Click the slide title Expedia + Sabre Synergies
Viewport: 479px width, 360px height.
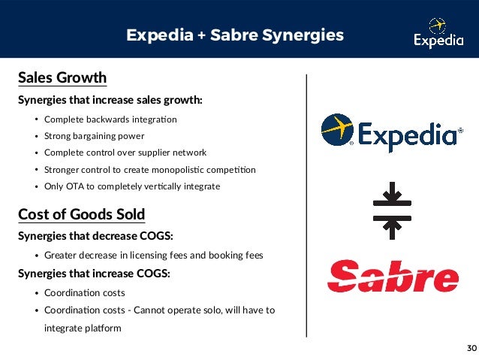click(x=235, y=35)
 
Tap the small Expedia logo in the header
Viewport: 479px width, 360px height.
click(x=439, y=35)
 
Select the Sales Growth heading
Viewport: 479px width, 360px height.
click(x=62, y=78)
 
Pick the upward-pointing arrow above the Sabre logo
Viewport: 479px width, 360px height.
click(x=392, y=226)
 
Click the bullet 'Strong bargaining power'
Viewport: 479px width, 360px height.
click(x=94, y=136)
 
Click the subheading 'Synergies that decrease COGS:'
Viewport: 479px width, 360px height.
click(x=95, y=236)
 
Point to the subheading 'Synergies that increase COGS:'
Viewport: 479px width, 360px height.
click(x=94, y=274)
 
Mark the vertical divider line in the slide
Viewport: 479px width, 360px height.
click(x=306, y=203)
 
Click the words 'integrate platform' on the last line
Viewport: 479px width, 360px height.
click(x=83, y=328)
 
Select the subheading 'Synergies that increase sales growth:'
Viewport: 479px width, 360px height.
click(x=110, y=100)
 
